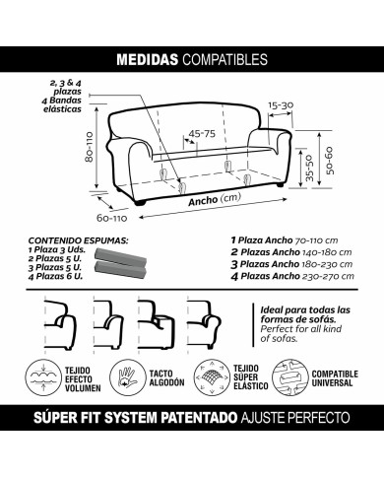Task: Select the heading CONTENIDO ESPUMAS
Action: [73, 239]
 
